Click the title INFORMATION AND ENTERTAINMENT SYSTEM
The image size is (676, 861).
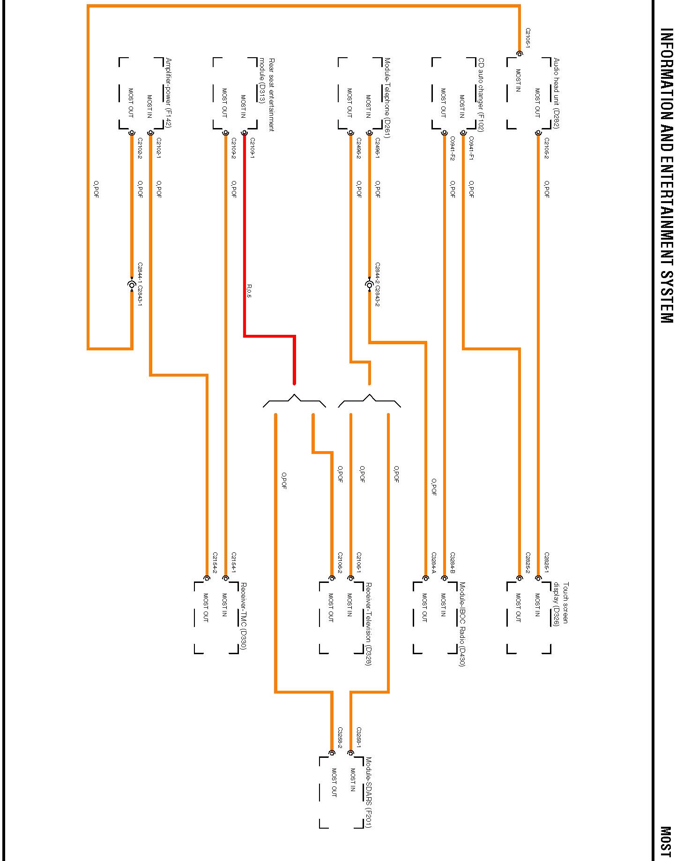click(x=666, y=175)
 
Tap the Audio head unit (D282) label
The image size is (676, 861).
click(x=556, y=93)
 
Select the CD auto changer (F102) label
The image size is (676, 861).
click(x=481, y=95)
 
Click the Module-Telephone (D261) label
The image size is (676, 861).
click(x=387, y=98)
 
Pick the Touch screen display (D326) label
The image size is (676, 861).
click(x=561, y=604)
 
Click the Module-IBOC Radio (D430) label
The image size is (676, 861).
click(x=462, y=624)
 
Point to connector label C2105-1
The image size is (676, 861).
click(x=528, y=38)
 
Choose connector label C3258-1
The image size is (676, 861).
click(x=359, y=738)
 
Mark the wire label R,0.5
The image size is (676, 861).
click(x=249, y=291)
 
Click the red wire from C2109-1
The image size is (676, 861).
click(x=245, y=234)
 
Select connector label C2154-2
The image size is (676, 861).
click(x=215, y=562)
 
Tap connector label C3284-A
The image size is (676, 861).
click(x=434, y=562)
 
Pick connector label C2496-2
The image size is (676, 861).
click(x=359, y=148)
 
